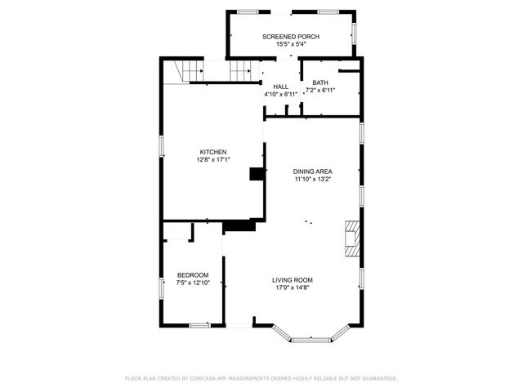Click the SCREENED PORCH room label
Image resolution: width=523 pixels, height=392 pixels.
click(x=291, y=37)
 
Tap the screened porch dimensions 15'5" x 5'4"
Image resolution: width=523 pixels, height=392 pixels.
click(x=291, y=45)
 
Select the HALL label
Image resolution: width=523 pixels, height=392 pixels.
click(x=281, y=87)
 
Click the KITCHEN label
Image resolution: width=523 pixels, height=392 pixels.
click(x=213, y=152)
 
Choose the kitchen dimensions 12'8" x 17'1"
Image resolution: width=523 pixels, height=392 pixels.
click(x=213, y=160)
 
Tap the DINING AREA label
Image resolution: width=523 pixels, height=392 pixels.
click(x=313, y=171)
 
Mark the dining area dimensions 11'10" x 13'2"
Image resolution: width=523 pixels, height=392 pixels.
click(x=313, y=180)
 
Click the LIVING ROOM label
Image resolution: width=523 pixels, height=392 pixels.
click(x=293, y=279)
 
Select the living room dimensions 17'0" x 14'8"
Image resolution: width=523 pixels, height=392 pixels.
click(x=293, y=287)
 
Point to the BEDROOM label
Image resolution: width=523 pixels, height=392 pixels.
click(x=193, y=274)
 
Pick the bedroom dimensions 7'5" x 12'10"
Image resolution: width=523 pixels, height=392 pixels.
click(x=193, y=283)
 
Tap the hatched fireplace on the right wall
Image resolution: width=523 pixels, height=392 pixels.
click(x=352, y=238)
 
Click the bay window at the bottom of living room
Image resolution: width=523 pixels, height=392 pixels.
click(x=313, y=336)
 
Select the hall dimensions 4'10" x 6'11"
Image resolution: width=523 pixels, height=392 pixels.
click(x=281, y=95)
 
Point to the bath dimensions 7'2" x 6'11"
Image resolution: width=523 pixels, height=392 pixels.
click(x=320, y=90)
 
